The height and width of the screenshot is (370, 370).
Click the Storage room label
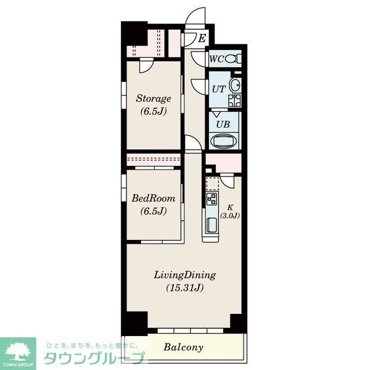(x=154, y=99)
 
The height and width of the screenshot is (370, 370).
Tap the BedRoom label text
(x=154, y=198)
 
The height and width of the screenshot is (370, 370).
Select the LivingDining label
(x=185, y=275)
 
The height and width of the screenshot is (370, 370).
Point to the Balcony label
(x=183, y=347)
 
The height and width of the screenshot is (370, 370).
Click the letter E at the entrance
(x=202, y=38)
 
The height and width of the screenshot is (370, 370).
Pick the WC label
(x=216, y=59)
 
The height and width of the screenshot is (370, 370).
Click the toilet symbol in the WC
(x=233, y=59)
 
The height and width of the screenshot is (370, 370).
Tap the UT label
(x=219, y=89)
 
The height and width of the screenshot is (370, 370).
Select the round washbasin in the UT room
(x=236, y=85)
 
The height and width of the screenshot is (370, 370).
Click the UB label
(x=223, y=124)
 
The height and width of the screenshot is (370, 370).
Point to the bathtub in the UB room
(x=223, y=141)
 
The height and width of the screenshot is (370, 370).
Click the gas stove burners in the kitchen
(x=212, y=199)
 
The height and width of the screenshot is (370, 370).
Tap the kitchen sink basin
(x=212, y=225)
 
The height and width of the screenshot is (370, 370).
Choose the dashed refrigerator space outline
(x=213, y=184)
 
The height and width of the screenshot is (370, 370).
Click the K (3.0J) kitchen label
(x=230, y=212)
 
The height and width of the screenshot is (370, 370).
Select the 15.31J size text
(x=185, y=287)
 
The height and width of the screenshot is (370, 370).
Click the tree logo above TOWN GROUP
(x=18, y=351)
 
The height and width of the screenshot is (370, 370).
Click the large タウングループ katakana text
(x=94, y=358)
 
